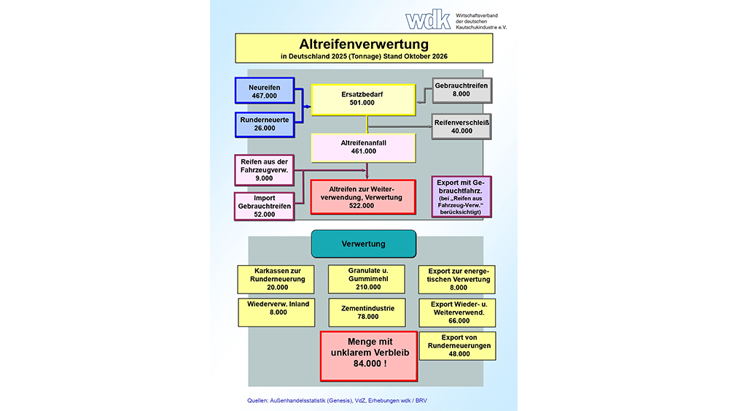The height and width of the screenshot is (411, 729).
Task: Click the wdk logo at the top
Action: (x=428, y=20)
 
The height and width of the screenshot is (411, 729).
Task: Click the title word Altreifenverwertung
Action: (x=364, y=45)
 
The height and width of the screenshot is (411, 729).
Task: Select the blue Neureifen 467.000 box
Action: (x=265, y=91)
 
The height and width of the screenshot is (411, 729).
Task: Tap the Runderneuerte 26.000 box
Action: (x=265, y=124)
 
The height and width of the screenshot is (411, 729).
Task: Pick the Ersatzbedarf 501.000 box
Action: (x=363, y=99)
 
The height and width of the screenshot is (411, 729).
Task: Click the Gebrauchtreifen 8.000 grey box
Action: (x=461, y=90)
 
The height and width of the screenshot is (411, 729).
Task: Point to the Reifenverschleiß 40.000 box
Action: (x=461, y=126)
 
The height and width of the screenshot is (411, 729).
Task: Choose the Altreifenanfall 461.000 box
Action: (x=363, y=147)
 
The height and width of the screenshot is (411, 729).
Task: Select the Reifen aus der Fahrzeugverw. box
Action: (x=264, y=170)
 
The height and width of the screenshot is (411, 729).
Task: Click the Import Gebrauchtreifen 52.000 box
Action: (x=264, y=206)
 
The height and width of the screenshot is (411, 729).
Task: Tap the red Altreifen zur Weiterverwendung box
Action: (x=363, y=197)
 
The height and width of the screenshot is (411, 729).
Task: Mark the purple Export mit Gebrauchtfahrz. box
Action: (x=461, y=196)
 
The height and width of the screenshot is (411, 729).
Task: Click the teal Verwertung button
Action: (x=364, y=244)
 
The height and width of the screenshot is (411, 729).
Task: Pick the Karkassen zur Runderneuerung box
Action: (x=276, y=280)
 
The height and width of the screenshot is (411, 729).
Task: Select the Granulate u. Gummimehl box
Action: (x=367, y=279)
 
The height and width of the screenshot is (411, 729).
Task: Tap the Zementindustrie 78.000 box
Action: (x=367, y=312)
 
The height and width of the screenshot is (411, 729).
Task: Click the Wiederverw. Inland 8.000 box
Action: (x=276, y=312)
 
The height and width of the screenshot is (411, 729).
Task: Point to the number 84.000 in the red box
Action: (x=370, y=364)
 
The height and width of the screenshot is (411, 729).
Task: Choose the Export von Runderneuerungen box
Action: (x=458, y=346)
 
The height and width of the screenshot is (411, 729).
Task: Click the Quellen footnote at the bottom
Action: (x=337, y=400)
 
